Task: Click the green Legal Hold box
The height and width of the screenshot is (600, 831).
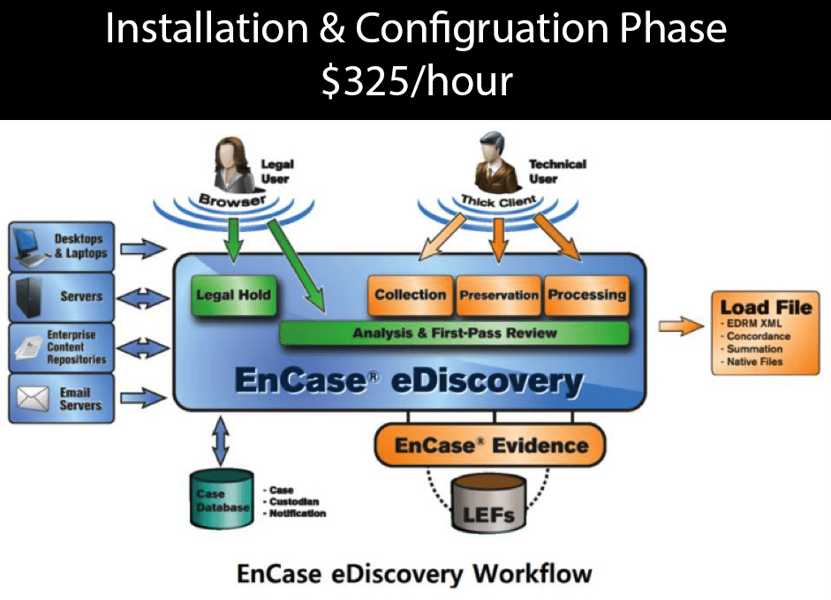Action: click(233, 296)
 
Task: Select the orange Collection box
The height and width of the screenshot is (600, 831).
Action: click(410, 296)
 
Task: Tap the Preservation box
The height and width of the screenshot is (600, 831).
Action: click(498, 296)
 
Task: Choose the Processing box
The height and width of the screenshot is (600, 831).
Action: click(586, 296)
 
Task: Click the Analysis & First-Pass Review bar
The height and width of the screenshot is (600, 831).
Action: click(454, 334)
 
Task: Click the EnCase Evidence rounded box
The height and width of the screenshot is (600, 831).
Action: click(491, 446)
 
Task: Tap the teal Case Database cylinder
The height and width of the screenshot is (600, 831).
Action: click(222, 500)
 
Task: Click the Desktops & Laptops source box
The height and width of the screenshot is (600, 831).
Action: click(62, 246)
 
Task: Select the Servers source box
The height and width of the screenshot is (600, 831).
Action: click(62, 297)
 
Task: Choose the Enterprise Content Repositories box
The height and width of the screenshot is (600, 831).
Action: click(62, 348)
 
